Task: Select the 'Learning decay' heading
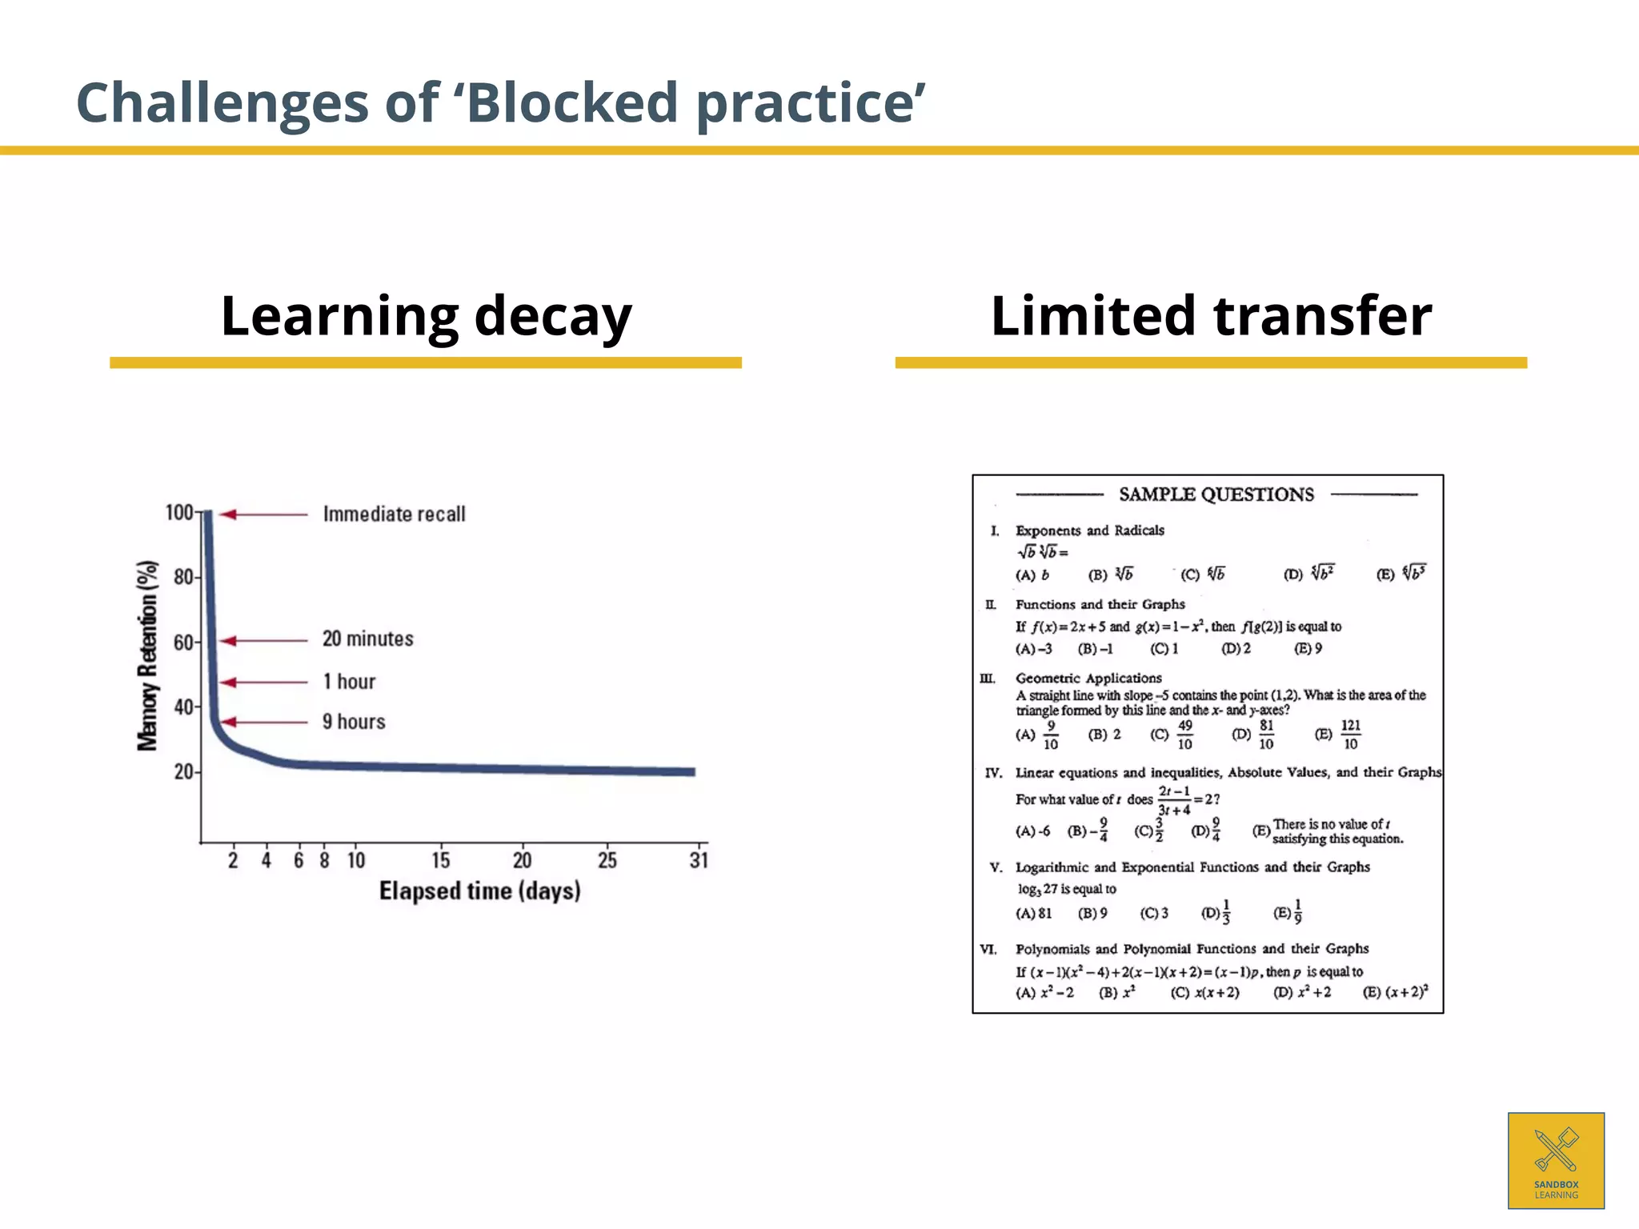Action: pos(426,316)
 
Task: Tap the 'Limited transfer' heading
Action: pos(1211,316)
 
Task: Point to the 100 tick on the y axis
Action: pos(179,513)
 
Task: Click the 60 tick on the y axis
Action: pos(183,643)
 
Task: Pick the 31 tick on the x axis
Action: pos(699,860)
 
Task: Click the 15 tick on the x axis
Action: pos(440,860)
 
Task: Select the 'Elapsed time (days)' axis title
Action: pos(479,891)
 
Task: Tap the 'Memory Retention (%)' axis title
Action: pos(147,655)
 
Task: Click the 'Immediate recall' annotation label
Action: pos(394,514)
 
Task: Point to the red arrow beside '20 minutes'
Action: pos(263,640)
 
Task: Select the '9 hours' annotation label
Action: pos(354,722)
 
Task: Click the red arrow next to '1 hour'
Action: pos(263,683)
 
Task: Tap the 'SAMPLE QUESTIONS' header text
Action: pos(1216,494)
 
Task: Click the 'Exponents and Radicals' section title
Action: pos(1089,530)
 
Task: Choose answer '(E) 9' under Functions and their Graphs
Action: pos(1308,648)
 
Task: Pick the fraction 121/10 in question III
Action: pos(1350,735)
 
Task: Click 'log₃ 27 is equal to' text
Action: pos(1066,889)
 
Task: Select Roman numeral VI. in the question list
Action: pos(989,949)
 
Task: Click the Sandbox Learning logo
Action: pos(1556,1160)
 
